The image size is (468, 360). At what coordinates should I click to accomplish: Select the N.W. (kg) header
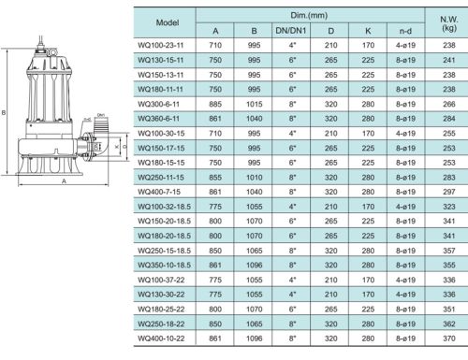pyautogui.click(x=443, y=20)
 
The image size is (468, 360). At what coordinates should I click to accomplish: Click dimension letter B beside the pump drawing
pyautogui.click(x=7, y=110)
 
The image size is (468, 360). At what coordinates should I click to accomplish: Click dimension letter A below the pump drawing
pyautogui.click(x=63, y=182)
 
